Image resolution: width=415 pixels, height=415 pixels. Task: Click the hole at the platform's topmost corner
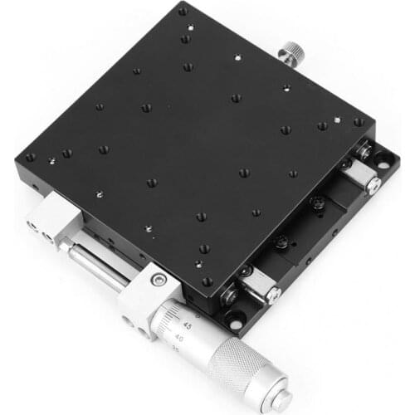[183, 11]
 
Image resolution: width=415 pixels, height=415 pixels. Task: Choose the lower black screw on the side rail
[282, 241]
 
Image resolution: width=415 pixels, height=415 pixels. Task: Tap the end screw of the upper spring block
[375, 187]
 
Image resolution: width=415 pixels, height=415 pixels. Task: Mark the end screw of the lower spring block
[274, 293]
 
